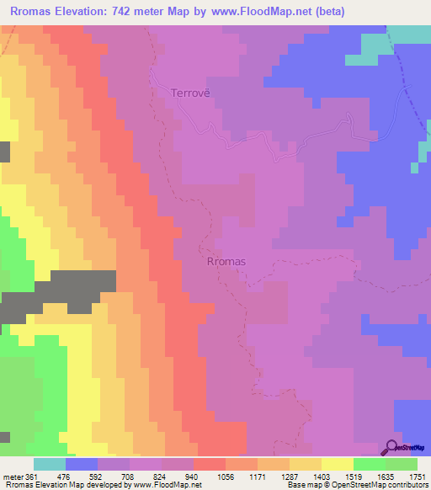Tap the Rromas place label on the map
pyautogui.click(x=226, y=261)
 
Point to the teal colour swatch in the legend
pyautogui.click(x=49, y=464)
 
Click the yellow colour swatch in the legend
pyautogui.click(x=337, y=464)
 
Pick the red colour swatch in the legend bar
pyautogui.click(x=209, y=464)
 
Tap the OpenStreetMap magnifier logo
pyautogui.click(x=392, y=447)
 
